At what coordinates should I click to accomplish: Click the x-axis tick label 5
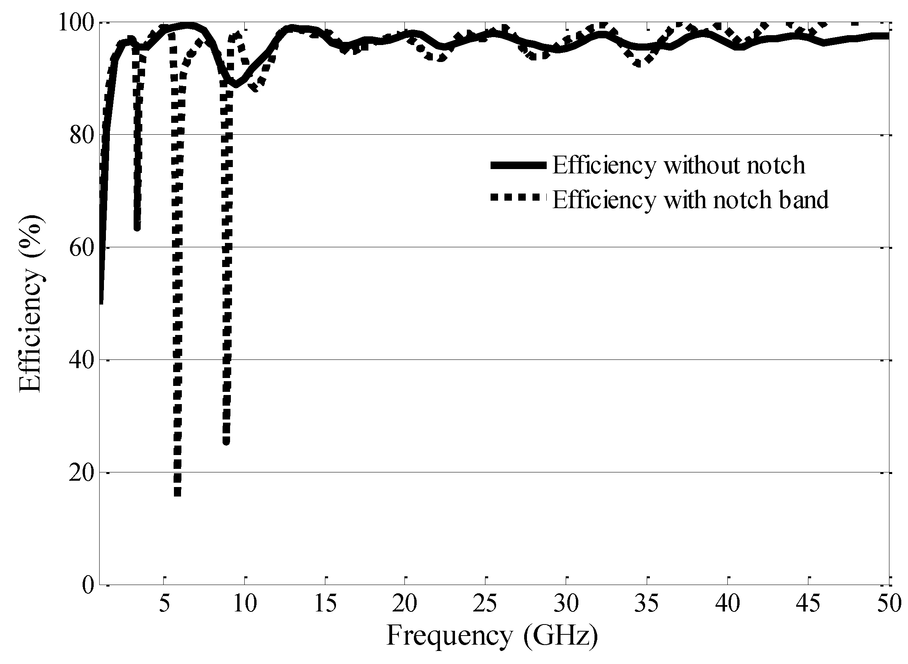(164, 604)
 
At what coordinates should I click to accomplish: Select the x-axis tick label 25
(485, 604)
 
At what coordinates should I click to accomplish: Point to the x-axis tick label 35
(647, 604)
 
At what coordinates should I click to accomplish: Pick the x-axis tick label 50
(888, 604)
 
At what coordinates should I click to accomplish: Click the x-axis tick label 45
(808, 604)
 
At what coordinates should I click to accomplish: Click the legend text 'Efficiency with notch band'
(690, 199)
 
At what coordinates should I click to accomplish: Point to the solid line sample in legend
(518, 165)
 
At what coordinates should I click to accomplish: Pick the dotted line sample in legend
(518, 197)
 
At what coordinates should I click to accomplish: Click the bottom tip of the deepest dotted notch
(177, 493)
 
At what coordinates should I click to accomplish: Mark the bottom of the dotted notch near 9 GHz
(226, 441)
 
